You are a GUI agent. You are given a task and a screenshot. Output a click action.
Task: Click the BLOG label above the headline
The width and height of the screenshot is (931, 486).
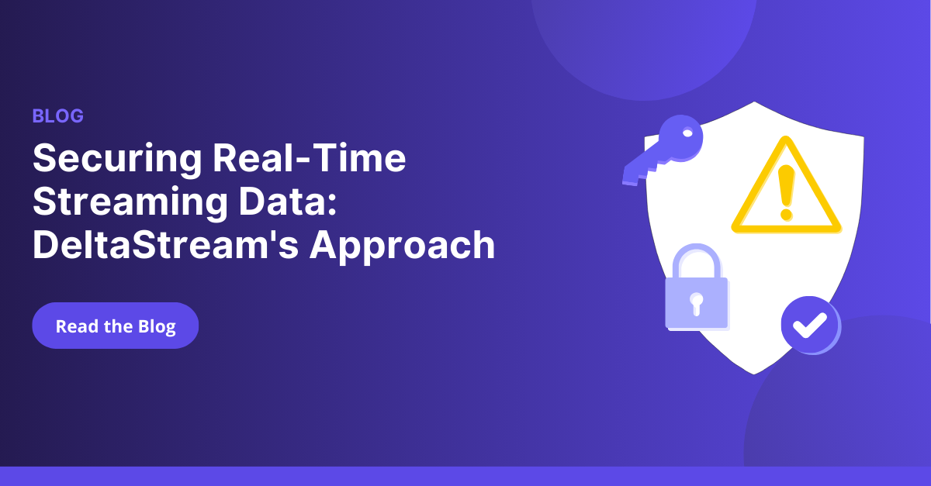[x=57, y=116]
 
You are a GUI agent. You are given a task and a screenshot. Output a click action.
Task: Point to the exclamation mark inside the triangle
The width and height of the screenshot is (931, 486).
[x=786, y=190]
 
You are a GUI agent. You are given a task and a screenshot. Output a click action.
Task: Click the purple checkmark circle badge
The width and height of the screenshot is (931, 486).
[x=809, y=326]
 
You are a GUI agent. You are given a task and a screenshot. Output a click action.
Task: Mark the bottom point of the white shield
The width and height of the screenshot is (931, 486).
[x=753, y=374]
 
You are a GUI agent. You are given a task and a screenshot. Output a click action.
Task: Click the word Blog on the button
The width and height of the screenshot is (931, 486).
[x=157, y=326]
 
